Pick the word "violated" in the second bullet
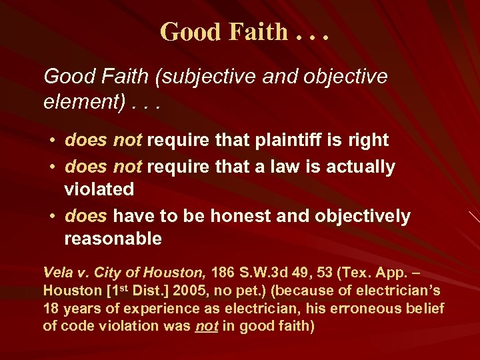(99, 189)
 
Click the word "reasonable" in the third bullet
(113, 239)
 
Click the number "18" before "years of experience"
(51, 308)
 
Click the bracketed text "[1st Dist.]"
(125, 291)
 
